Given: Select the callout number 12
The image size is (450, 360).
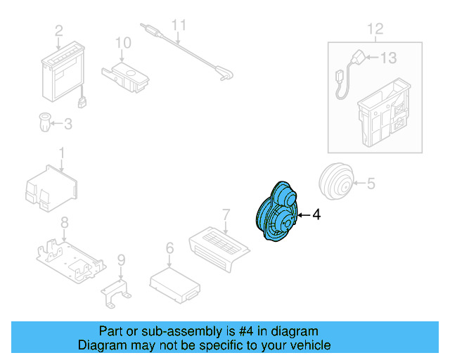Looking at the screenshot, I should click(x=375, y=29).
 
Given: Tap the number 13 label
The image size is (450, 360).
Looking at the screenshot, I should click(x=389, y=58).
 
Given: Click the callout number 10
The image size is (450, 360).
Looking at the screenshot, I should click(x=123, y=44).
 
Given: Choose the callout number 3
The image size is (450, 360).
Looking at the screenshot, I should click(x=67, y=124).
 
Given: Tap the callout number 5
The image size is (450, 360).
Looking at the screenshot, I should click(x=371, y=184).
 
